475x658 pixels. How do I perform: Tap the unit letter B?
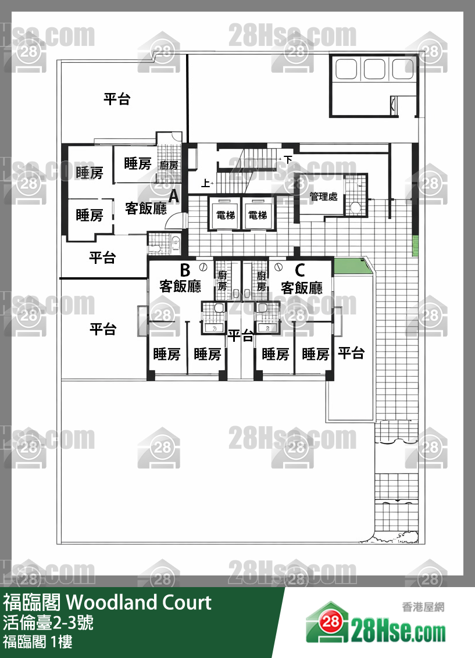click(185, 270)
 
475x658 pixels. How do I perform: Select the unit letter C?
click(300, 270)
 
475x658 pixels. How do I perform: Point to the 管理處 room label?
click(323, 197)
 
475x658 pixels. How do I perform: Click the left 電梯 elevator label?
click(225, 215)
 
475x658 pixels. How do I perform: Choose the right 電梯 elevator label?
click(258, 215)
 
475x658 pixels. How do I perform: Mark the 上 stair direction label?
click(205, 184)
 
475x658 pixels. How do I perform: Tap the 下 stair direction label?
click(288, 159)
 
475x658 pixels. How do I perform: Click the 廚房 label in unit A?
click(169, 165)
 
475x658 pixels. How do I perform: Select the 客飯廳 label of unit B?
click(180, 287)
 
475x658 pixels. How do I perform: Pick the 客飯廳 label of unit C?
click(302, 287)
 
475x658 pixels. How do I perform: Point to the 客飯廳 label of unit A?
click(146, 208)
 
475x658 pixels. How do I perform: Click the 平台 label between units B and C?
click(240, 335)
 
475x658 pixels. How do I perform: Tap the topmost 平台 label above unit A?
click(117, 99)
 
